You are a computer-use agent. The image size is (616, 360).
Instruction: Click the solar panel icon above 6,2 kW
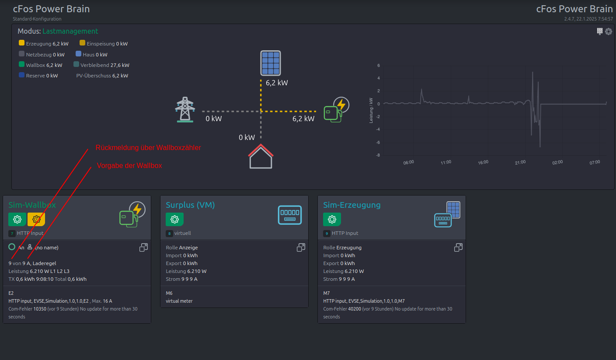click(x=271, y=63)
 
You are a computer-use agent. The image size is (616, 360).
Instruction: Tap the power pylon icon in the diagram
click(x=185, y=109)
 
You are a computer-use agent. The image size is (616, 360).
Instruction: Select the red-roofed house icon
click(x=261, y=156)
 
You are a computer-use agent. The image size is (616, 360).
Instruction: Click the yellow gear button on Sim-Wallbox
click(x=36, y=219)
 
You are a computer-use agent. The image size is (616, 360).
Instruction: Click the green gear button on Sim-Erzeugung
click(x=332, y=219)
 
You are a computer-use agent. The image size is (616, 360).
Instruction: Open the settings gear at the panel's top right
click(x=609, y=31)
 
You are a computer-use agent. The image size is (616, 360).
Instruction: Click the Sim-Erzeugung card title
click(x=352, y=205)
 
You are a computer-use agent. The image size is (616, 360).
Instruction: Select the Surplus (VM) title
click(x=190, y=205)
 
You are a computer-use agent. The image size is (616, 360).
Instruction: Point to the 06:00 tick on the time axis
click(x=408, y=162)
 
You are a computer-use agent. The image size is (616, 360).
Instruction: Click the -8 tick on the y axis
click(x=378, y=155)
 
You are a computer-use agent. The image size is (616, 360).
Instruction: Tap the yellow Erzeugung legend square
click(x=22, y=43)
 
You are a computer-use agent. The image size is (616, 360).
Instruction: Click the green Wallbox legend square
click(x=22, y=64)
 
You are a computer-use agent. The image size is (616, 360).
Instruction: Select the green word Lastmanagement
click(x=70, y=31)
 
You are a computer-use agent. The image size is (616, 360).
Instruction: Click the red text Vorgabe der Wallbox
click(x=129, y=165)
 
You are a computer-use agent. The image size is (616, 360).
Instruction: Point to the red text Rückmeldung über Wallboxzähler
click(x=148, y=147)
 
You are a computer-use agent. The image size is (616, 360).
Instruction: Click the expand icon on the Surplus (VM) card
click(x=301, y=248)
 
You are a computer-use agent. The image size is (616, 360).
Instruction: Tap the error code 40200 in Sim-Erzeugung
click(x=355, y=309)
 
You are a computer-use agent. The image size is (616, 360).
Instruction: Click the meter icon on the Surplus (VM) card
click(x=290, y=215)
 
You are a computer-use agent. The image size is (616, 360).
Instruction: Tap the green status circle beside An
click(x=12, y=247)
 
